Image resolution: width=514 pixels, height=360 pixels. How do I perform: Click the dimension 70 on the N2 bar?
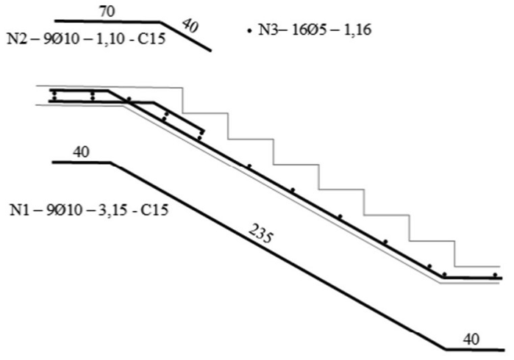pos(107,12)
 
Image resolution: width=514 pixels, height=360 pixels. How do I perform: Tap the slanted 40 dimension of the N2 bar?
pos(190,26)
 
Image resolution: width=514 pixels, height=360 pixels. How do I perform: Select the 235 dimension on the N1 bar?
pos(260,234)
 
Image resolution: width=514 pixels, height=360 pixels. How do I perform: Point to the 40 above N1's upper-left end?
pos(81,152)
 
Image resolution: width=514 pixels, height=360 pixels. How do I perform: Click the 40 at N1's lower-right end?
pos(471,339)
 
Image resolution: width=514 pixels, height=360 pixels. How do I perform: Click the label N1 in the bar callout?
pos(20,210)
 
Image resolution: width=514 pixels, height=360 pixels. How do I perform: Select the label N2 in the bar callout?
pos(16,39)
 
